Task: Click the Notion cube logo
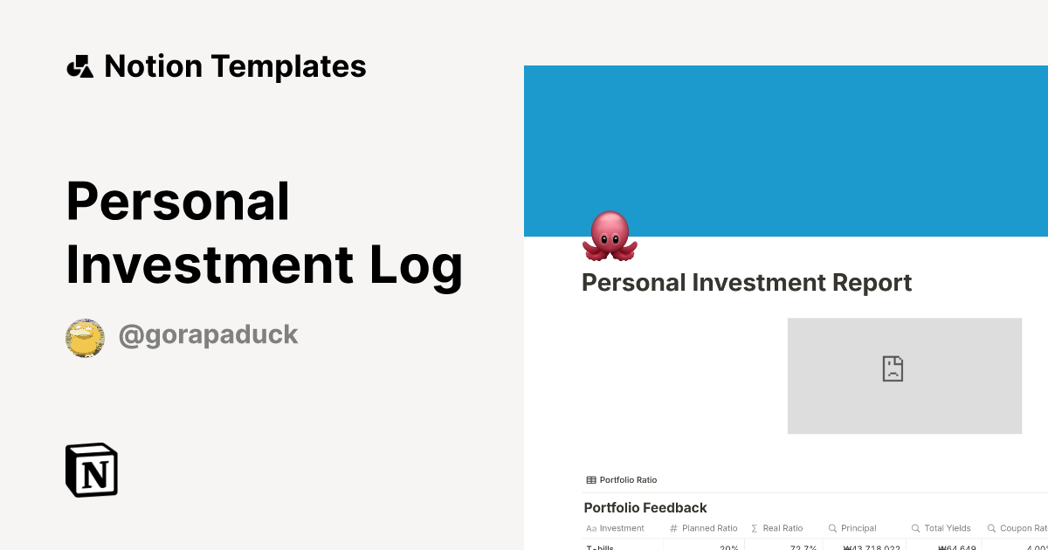(x=92, y=471)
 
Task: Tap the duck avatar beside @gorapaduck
(x=85, y=338)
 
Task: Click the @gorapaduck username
(x=208, y=335)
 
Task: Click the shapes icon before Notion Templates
(x=79, y=66)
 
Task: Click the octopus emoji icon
(x=610, y=236)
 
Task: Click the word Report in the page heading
(x=867, y=283)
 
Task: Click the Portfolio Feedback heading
(x=645, y=508)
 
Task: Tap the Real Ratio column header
(x=782, y=528)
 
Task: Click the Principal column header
(x=858, y=528)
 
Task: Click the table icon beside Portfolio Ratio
(x=591, y=480)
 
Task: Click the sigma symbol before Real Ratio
(x=755, y=528)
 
